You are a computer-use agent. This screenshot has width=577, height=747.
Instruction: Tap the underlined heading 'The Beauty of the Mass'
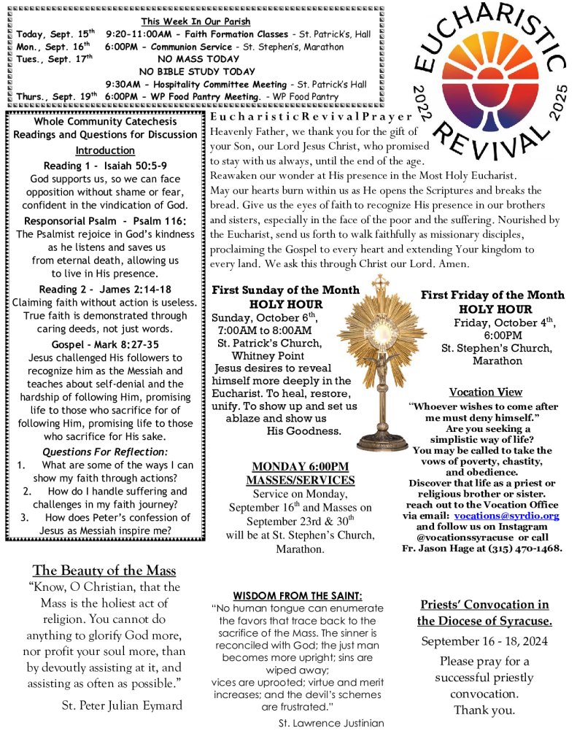[x=104, y=570]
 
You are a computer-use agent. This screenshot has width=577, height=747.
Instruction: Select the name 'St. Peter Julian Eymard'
[x=121, y=705]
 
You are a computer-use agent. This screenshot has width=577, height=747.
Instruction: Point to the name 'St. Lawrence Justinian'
[x=331, y=723]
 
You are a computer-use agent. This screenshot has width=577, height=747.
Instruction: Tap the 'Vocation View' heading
[x=486, y=392]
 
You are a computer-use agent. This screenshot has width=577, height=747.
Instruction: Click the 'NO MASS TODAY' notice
[x=198, y=59]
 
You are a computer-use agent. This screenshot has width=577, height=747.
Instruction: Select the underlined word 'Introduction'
[x=105, y=150]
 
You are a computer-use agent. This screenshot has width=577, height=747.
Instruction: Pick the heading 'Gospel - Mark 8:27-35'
[x=105, y=344]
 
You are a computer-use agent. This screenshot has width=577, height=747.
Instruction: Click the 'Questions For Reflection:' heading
[x=104, y=452]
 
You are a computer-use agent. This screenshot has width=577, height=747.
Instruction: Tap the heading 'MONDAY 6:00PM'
[x=300, y=466]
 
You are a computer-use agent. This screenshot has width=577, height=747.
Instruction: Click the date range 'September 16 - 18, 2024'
[x=484, y=641]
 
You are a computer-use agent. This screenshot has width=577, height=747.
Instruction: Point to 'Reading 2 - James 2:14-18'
[x=105, y=290]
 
